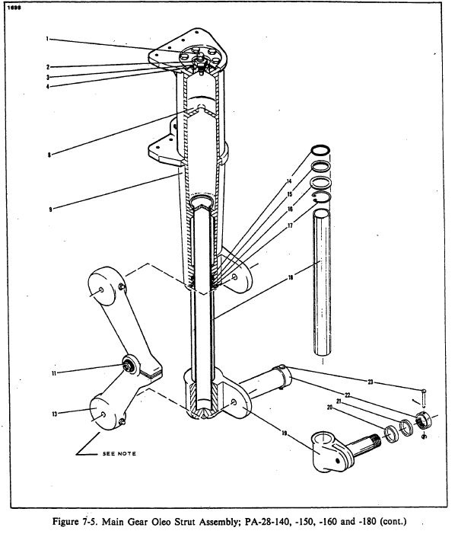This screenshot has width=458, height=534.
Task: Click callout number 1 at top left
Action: click(x=47, y=39)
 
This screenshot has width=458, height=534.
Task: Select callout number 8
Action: click(x=49, y=155)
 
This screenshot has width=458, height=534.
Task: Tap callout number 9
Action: click(x=50, y=209)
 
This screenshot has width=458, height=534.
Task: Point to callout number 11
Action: click(x=54, y=373)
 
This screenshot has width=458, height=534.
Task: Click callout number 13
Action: click(x=55, y=414)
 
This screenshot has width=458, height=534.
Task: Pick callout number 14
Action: click(x=289, y=181)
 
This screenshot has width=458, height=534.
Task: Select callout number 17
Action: click(x=290, y=225)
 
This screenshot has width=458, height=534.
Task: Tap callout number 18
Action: click(x=291, y=277)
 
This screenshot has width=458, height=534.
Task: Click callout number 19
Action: click(x=285, y=433)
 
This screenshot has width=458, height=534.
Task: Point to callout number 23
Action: click(x=371, y=382)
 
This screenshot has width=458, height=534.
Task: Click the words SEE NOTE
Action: click(x=119, y=453)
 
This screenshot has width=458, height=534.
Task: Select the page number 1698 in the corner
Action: click(x=14, y=8)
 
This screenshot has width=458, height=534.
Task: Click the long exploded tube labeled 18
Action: click(x=322, y=282)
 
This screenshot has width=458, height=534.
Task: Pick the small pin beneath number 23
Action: click(x=424, y=398)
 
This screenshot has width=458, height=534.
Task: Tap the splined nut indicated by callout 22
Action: click(x=424, y=420)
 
